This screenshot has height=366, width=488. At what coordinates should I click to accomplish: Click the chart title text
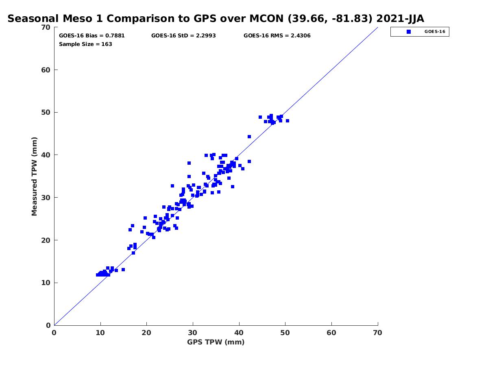216,19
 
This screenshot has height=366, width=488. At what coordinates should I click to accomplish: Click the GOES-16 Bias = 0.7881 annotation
92,35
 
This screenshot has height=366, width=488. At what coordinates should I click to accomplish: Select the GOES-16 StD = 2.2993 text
183,35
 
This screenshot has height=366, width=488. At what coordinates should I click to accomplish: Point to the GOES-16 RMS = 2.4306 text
277,35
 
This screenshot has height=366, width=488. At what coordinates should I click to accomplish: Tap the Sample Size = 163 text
85,44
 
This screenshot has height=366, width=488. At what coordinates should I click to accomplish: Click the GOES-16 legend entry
435,31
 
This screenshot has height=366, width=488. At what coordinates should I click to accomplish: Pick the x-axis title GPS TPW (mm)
216,342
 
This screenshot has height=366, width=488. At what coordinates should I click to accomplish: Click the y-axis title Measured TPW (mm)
35,176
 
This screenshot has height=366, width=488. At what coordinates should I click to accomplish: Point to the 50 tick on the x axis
285,333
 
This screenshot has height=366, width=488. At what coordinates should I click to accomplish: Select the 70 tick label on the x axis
378,333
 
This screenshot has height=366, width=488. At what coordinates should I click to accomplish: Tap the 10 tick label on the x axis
100,333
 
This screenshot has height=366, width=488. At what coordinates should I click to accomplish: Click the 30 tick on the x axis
193,333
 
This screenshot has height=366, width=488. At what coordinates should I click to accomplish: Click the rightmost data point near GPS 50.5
288,121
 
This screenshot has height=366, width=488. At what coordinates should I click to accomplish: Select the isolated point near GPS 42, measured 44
249,137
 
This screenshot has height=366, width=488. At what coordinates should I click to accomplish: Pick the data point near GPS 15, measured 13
123,270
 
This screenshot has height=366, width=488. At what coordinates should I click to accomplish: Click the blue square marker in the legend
409,31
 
